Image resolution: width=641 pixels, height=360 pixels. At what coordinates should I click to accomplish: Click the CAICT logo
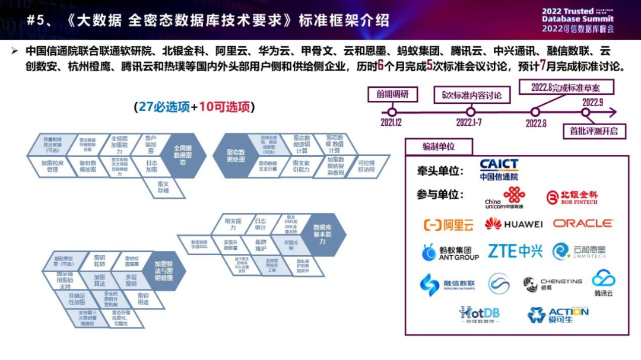(499, 169)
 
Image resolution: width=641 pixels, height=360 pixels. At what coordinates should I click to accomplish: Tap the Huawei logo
(513, 224)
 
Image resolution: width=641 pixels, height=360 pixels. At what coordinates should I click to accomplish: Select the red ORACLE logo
(583, 224)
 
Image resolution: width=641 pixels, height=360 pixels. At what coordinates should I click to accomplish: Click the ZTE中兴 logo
(515, 251)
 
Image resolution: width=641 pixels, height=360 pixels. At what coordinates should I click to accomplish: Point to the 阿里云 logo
(449, 225)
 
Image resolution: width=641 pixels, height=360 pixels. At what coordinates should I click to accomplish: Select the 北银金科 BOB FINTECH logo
(572, 197)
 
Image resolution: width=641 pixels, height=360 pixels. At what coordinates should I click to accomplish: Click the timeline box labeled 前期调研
(392, 94)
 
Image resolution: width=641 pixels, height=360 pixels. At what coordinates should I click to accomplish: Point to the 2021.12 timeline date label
(391, 123)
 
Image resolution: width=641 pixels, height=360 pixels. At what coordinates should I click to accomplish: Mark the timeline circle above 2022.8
(535, 111)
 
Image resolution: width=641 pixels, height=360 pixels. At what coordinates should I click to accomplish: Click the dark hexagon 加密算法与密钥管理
(163, 270)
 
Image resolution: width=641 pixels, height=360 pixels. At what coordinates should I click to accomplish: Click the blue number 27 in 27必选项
(146, 107)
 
